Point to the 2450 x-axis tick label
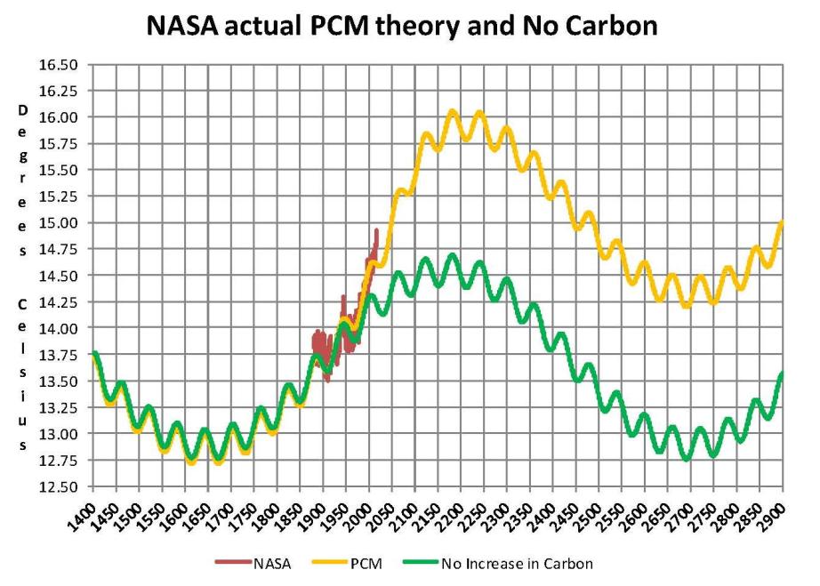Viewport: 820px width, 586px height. point(569,514)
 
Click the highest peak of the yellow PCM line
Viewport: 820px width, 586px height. point(452,112)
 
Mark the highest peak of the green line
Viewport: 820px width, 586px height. point(452,256)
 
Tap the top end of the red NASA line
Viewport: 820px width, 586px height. point(376,230)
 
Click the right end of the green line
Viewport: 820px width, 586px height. point(783,373)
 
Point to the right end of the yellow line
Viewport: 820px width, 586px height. point(783,222)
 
